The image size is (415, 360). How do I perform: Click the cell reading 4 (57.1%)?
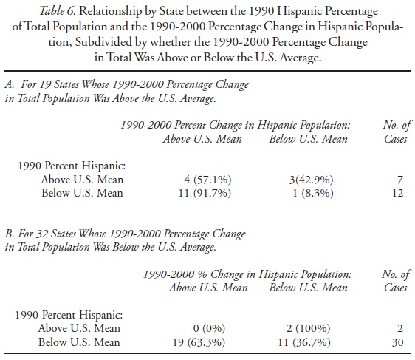(x=189, y=180)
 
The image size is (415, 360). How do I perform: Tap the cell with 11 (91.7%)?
(x=189, y=193)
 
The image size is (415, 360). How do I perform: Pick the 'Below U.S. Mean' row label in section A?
(x=82, y=193)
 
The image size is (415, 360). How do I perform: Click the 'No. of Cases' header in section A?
(x=391, y=133)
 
